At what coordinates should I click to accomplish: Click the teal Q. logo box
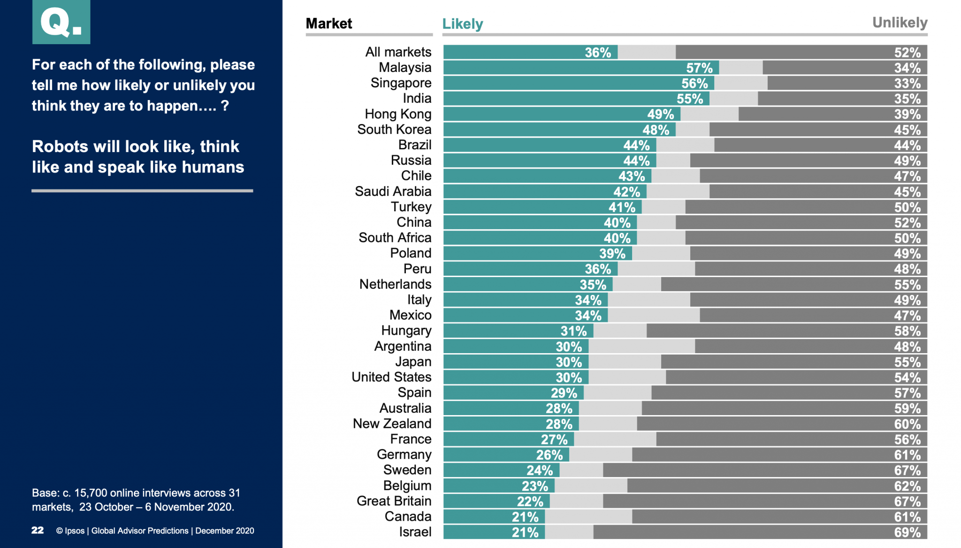(x=61, y=22)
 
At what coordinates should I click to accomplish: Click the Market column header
(x=328, y=23)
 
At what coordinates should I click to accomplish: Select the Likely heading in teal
(x=462, y=24)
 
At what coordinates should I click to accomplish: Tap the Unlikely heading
(x=900, y=23)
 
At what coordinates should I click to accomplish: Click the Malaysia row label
(x=405, y=68)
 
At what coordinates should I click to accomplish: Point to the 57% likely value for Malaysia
(x=699, y=68)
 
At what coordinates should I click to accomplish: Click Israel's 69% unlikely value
(x=907, y=533)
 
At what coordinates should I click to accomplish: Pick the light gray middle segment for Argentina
(x=641, y=347)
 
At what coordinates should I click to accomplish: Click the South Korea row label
(x=394, y=130)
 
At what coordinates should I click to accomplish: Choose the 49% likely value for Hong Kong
(x=660, y=114)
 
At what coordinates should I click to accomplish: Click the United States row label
(x=391, y=377)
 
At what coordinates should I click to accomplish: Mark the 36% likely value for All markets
(x=597, y=53)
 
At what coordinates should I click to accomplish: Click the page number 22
(x=38, y=530)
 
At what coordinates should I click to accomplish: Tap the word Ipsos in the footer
(x=75, y=531)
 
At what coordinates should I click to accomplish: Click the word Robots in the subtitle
(x=60, y=147)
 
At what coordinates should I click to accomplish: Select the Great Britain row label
(x=394, y=501)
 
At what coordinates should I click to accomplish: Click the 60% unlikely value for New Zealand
(x=907, y=424)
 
